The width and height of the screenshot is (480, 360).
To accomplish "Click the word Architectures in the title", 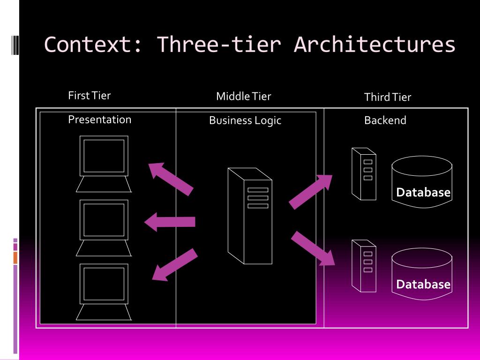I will coord(375,45).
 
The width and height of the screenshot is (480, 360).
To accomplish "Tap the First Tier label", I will coord(89,96).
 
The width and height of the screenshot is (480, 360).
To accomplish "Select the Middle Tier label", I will coord(243,97).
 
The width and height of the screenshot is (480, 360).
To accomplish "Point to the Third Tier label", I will coord(387,97).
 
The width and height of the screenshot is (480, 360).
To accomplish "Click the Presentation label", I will coord(99,120).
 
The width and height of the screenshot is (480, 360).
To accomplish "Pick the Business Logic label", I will coord(245,120).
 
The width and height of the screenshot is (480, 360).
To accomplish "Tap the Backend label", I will coord(385,120).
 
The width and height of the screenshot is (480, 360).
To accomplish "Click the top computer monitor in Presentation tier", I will coord(104,156).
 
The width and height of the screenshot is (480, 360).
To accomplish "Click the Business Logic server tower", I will coord(250,216).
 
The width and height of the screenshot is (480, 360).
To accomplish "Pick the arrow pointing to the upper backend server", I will coord(311,191).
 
